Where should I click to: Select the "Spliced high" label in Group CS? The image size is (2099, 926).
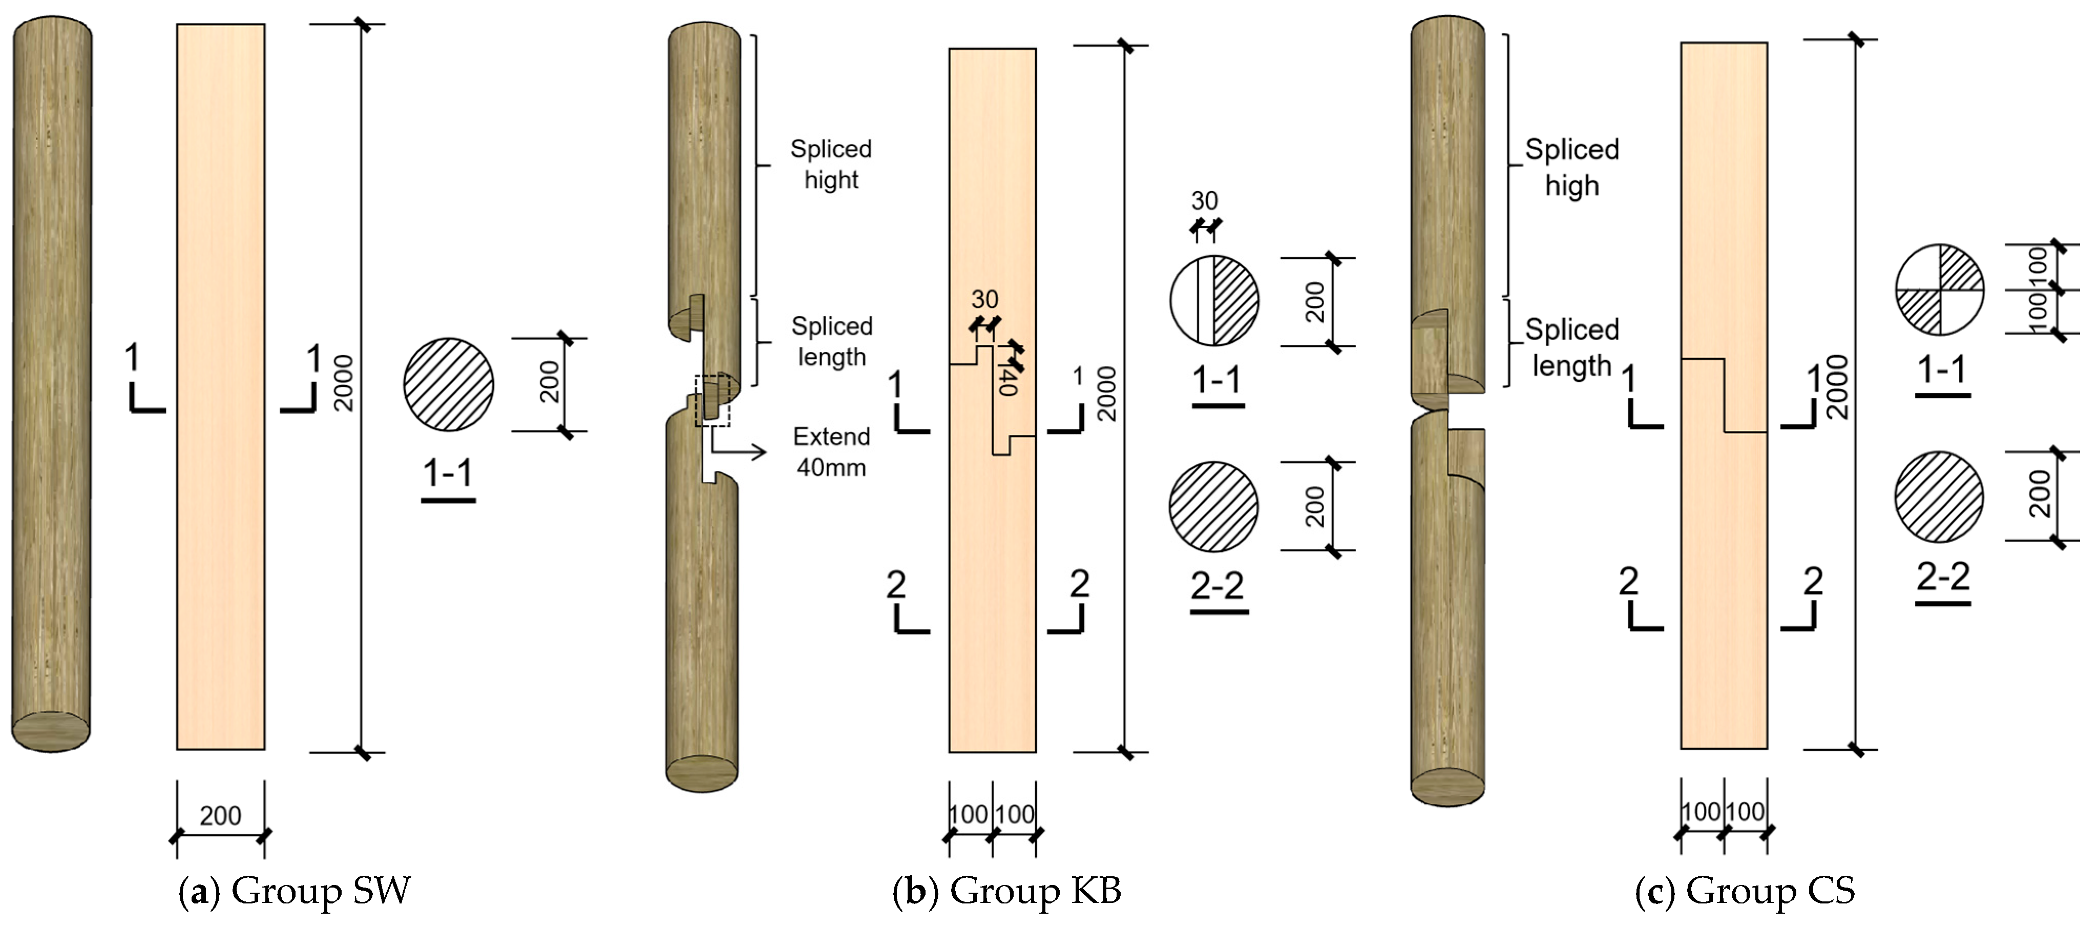(1572, 167)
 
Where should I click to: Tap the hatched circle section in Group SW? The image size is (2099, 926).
(448, 384)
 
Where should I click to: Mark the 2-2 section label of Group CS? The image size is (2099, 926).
(1943, 578)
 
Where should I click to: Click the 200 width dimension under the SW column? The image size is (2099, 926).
(220, 816)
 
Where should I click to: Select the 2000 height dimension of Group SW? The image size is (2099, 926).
(344, 383)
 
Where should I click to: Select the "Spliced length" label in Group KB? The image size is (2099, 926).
(831, 341)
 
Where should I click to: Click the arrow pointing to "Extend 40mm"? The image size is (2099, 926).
(738, 451)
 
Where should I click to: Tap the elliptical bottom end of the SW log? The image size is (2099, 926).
(51, 731)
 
